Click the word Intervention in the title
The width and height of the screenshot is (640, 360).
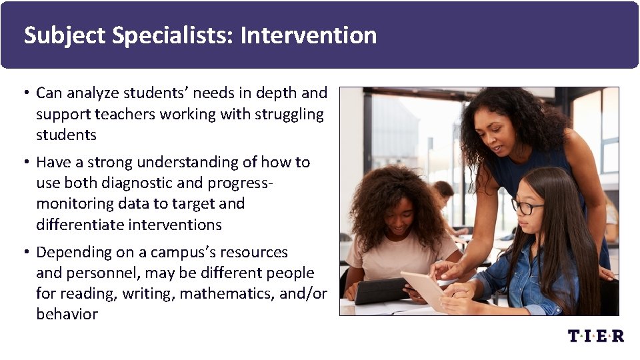308,35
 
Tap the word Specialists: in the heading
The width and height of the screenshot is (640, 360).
173,35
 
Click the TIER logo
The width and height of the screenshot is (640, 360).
595,335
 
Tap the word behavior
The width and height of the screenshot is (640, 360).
67,314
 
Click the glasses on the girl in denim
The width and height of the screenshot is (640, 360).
527,207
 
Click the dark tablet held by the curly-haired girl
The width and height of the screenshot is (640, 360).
381,290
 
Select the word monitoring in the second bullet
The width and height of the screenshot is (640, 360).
70,203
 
